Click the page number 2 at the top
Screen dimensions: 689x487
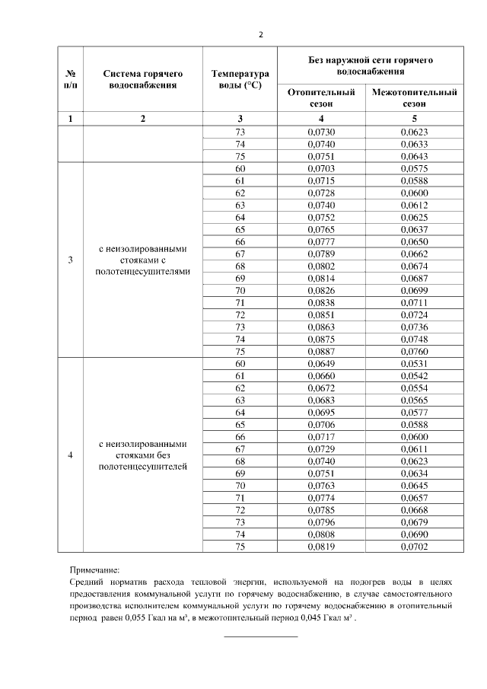point(260,34)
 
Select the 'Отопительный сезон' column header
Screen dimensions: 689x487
point(321,97)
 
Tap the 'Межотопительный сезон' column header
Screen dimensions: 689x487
point(414,97)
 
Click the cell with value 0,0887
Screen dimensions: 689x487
point(321,352)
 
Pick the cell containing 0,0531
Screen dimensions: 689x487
point(414,363)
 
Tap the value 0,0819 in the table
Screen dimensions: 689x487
point(321,546)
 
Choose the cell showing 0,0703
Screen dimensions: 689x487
point(321,169)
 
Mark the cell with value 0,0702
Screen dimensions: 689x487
point(414,546)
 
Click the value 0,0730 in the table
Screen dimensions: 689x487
point(321,132)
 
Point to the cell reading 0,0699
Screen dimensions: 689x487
point(414,291)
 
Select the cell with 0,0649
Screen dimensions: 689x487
point(321,363)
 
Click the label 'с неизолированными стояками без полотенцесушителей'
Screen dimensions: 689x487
point(143,455)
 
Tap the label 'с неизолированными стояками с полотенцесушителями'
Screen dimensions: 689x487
point(143,260)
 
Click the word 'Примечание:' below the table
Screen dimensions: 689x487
point(94,569)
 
